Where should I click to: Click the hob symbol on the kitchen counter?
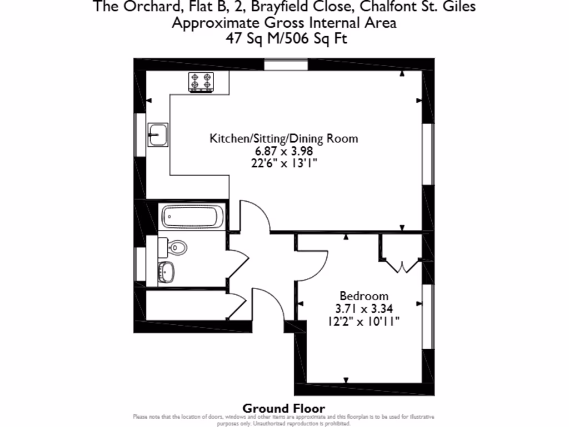click(x=201, y=82)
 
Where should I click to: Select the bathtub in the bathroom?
click(x=193, y=217)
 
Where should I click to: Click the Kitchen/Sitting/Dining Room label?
click(x=283, y=138)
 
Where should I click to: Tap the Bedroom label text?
click(x=364, y=296)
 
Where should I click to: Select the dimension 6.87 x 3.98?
click(x=284, y=151)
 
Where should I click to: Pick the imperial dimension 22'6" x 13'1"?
click(x=284, y=163)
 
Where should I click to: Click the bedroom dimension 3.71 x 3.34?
click(x=364, y=308)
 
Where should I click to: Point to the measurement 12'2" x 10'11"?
click(x=364, y=321)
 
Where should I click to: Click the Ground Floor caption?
click(x=284, y=409)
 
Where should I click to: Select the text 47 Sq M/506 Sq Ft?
click(x=284, y=38)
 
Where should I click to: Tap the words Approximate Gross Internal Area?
click(x=284, y=23)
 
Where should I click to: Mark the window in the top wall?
click(x=286, y=64)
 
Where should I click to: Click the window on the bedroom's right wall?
click(x=427, y=316)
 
